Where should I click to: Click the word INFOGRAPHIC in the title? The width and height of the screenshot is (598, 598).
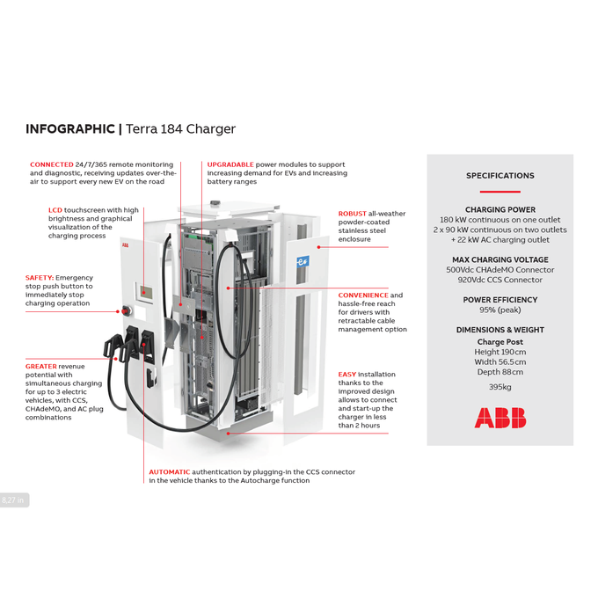70,129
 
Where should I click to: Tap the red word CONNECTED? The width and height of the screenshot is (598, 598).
51,164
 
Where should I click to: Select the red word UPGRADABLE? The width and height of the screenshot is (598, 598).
230,164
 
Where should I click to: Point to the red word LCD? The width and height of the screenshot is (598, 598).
55,210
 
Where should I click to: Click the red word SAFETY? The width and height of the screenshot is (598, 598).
40,278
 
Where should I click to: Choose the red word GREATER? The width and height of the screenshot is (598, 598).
41,366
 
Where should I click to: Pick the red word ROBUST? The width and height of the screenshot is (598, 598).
353,214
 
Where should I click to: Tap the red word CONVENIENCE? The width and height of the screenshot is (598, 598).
363,295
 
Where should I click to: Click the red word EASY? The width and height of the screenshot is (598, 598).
347,375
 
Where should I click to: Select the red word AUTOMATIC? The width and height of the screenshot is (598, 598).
169,472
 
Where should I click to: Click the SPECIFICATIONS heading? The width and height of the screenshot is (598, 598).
500,176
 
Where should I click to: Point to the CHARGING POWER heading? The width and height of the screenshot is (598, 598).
500,210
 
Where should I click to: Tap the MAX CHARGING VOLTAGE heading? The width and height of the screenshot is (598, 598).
500,259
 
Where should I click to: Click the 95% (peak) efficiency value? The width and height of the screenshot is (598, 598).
500,310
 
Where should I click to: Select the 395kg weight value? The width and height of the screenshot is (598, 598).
500,387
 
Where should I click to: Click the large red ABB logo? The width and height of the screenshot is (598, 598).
500,418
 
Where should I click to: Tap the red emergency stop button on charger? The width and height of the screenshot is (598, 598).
124,310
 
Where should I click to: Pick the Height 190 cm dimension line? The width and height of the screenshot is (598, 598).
500,352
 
